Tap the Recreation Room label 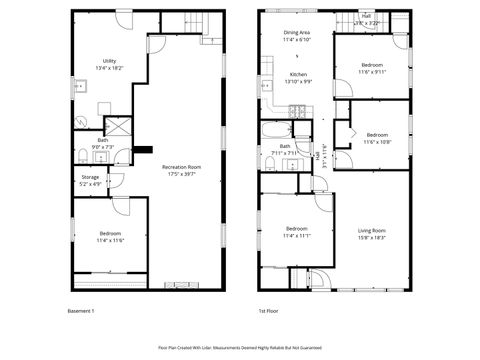pos(181,170)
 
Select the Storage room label pos(90,181)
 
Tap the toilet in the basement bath pos(80,153)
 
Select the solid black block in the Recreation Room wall pos(144,150)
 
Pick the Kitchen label pos(298,77)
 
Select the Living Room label pos(372,234)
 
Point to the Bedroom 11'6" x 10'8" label pos(377,138)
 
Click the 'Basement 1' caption pos(80,311)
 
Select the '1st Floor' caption pos(269,311)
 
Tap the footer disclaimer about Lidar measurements pos(239,347)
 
